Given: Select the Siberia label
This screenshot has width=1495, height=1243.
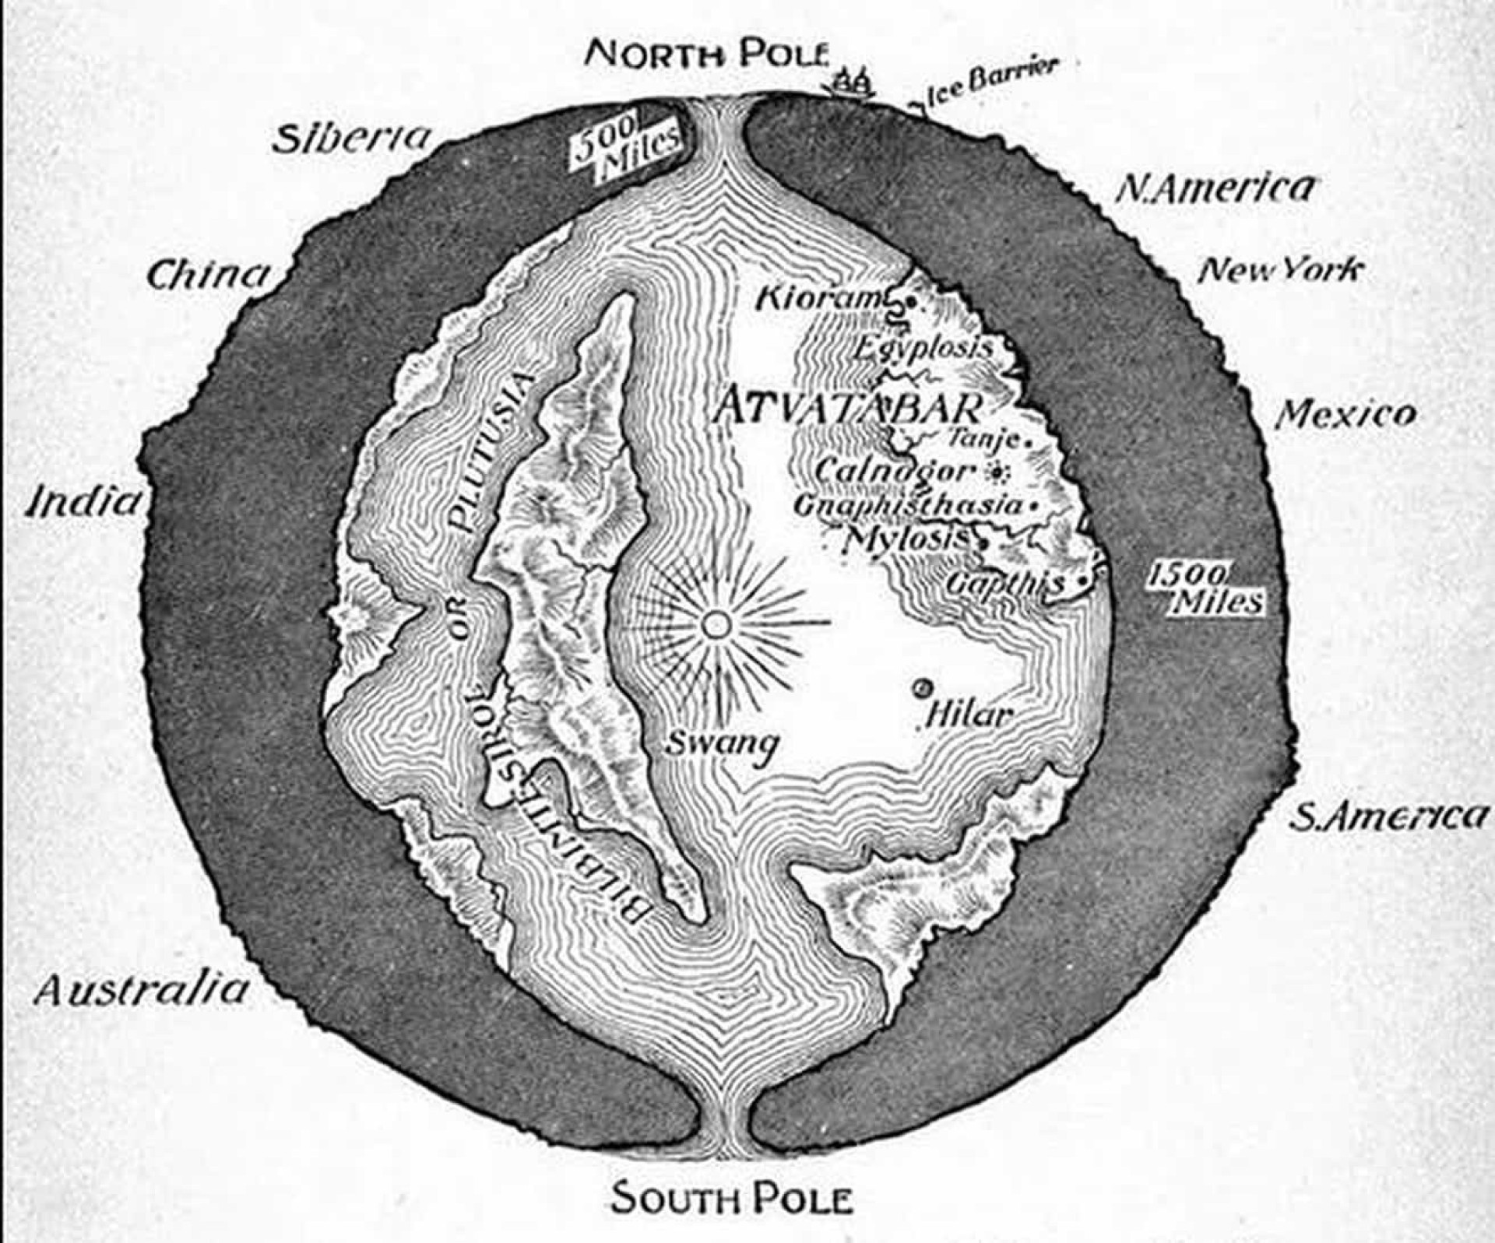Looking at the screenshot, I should click(x=351, y=139).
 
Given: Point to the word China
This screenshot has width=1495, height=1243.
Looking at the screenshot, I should click(x=209, y=275).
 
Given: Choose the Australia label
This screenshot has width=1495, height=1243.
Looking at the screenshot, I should click(x=141, y=990).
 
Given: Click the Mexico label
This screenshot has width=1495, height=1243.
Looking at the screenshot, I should click(x=1345, y=414).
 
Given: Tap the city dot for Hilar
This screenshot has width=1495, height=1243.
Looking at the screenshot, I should click(x=924, y=687).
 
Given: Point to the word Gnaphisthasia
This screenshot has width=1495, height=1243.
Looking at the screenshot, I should click(x=906, y=505).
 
